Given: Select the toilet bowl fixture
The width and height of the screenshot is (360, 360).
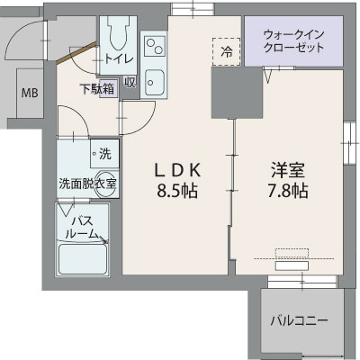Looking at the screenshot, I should point(118,35).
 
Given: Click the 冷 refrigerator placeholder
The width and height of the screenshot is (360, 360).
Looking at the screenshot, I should point(228,51).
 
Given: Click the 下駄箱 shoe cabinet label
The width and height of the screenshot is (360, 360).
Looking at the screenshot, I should point(96,88).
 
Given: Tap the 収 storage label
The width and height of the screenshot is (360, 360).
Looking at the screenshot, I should point(130,83).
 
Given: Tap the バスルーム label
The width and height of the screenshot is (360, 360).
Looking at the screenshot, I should point(82,227).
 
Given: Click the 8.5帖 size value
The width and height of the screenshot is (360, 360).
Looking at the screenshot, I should point(176,191).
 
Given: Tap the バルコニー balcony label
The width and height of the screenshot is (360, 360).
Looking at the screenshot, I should point(299,320).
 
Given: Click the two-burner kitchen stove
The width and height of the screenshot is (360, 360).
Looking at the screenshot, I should point(152,45).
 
